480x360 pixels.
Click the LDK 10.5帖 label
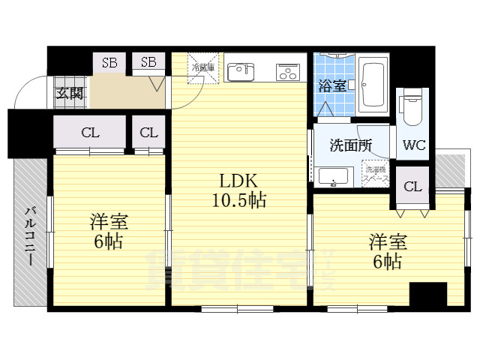click(x=238, y=191)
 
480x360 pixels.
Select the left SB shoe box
click(x=109, y=62)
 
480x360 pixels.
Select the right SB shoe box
click(x=148, y=62)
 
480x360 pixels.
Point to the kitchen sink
click(x=241, y=72)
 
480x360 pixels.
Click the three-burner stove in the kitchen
click(x=288, y=72)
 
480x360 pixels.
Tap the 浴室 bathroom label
click(x=331, y=85)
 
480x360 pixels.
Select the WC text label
click(x=414, y=145)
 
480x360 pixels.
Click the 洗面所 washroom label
click(x=350, y=145)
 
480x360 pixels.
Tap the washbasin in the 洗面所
click(x=331, y=178)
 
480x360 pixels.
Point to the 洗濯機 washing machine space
click(x=375, y=175)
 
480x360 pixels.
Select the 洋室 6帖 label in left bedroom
click(x=109, y=232)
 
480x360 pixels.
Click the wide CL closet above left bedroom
click(x=90, y=133)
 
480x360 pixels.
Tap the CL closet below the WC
click(x=412, y=187)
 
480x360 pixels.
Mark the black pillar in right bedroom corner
click(x=427, y=293)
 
